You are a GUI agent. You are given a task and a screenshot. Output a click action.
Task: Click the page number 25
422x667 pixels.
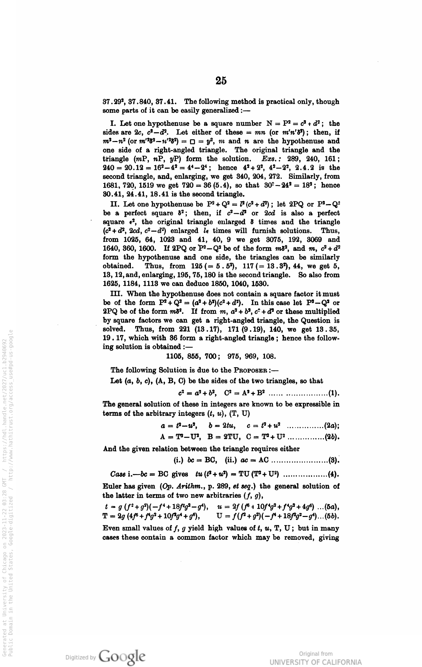[x=221, y=81]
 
